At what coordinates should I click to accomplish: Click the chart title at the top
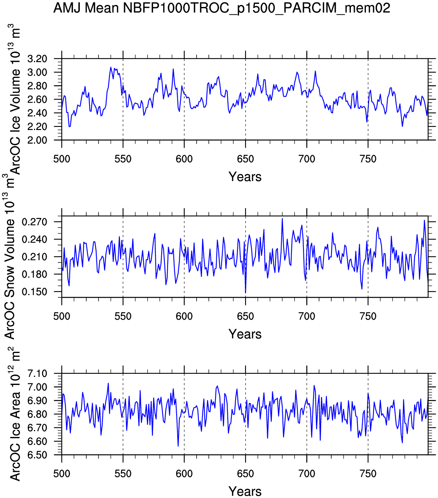coord(222,8)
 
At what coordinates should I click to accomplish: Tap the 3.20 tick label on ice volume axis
coord(37,59)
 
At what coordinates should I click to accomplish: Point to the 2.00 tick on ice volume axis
coord(37,140)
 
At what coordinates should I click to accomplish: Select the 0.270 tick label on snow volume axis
coord(34,222)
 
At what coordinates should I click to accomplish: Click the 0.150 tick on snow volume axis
coord(34,292)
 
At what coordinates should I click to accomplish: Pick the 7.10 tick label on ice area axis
coord(37,374)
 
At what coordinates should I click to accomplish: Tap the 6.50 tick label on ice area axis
coord(37,455)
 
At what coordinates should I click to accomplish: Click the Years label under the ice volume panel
coord(245,177)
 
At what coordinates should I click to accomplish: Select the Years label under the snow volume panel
coord(245,334)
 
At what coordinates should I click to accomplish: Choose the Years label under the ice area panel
coord(245,491)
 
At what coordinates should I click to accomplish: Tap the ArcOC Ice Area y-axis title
coord(15,417)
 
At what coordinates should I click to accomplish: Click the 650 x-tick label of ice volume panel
coord(245,159)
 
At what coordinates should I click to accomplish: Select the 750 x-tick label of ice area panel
coord(368,474)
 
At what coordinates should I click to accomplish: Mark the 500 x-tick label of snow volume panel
coord(62,316)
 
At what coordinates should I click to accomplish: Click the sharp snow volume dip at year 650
coord(246,292)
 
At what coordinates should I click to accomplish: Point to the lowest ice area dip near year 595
coord(178,446)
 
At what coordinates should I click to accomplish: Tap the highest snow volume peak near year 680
coord(282,219)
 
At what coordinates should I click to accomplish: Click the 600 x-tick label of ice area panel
coord(184,474)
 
